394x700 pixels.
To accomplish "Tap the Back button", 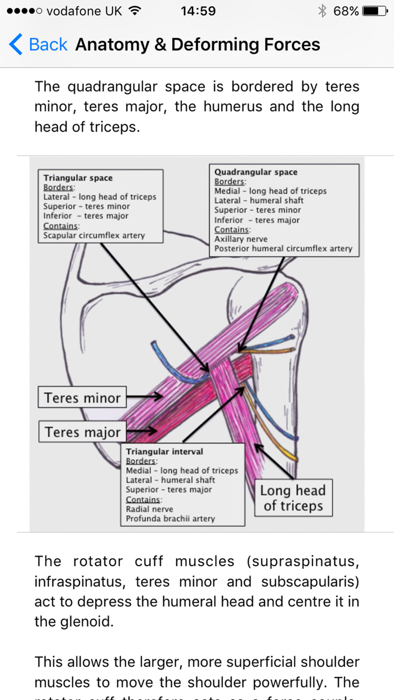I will (38, 44).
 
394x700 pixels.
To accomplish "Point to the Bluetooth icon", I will (323, 11).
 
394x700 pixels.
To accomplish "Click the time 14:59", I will (198, 11).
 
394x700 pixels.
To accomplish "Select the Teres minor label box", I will (83, 398).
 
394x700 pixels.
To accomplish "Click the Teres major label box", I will (83, 432).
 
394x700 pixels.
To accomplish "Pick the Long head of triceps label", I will (293, 497).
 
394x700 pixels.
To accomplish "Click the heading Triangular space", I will (78, 178).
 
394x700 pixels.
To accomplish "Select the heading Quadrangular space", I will (256, 172).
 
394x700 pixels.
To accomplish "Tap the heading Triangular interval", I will (164, 451).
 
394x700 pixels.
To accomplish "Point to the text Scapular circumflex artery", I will (94, 236).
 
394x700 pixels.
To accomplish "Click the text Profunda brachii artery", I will (170, 519).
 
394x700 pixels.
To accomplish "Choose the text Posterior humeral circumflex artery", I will (283, 249).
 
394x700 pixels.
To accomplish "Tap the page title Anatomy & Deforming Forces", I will (198, 44).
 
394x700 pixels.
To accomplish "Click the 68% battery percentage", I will (346, 11).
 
